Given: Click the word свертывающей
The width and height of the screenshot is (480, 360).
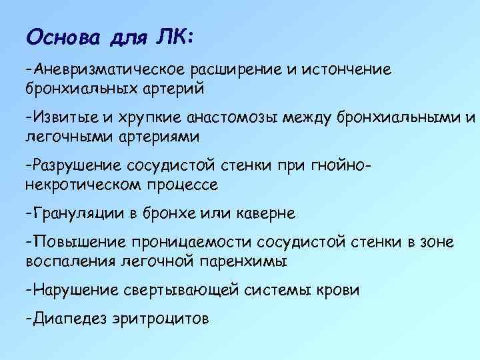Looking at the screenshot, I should [x=176, y=291].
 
